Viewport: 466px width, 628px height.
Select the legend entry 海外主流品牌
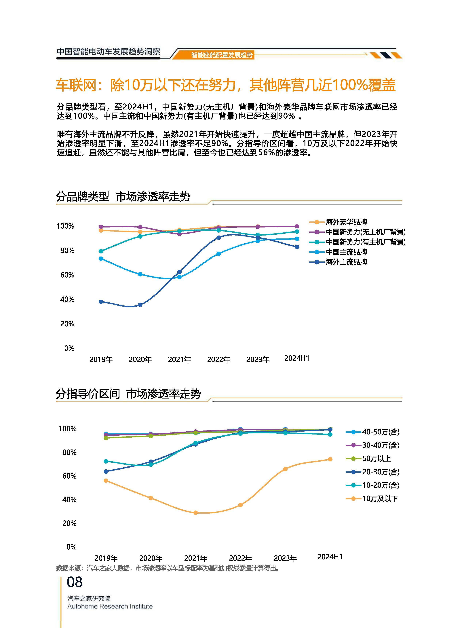pyautogui.click(x=346, y=262)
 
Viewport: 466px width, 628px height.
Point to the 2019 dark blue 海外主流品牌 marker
pyautogui.click(x=101, y=302)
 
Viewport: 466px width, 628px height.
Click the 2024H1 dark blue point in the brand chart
pyautogui.click(x=297, y=247)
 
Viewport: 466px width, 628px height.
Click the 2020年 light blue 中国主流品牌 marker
pyautogui.click(x=140, y=274)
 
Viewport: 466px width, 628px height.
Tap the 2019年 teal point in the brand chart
pyautogui.click(x=101, y=251)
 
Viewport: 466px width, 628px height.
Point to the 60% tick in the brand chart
pyautogui.click(x=67, y=275)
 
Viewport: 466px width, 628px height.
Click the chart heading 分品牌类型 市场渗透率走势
pyautogui.click(x=123, y=197)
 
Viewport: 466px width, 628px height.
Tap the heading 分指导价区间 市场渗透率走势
pyautogui.click(x=128, y=394)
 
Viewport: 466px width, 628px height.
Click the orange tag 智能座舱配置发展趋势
pyautogui.click(x=222, y=55)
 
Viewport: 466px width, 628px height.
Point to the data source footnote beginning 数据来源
pyautogui.click(x=168, y=568)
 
